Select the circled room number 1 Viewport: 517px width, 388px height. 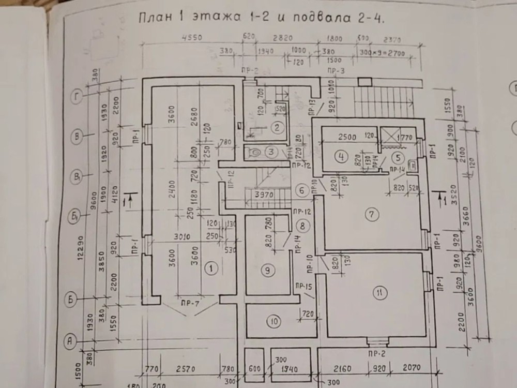click(210, 267)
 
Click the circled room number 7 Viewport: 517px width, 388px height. click(370, 213)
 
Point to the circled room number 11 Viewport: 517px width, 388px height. click(380, 293)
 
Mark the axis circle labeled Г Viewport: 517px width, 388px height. click(77, 96)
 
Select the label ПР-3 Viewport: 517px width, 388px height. click(336, 70)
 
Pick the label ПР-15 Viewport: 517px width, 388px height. click(303, 286)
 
